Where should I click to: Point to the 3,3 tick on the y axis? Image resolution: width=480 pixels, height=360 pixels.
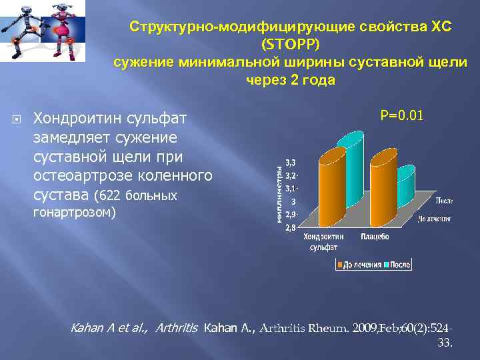point(291,163)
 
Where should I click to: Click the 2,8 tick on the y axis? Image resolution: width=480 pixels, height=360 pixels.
point(291,228)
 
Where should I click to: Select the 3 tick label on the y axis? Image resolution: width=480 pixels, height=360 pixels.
point(293,202)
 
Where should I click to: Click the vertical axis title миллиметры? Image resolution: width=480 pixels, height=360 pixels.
point(280,195)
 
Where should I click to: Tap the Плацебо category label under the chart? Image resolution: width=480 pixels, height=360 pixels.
point(375,237)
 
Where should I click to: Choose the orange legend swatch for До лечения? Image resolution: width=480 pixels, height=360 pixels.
point(339,265)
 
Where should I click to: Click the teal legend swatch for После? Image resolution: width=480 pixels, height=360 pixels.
point(385,265)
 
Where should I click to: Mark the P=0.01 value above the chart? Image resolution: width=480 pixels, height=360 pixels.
point(401,117)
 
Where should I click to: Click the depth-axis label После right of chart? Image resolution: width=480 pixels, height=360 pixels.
point(445,200)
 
